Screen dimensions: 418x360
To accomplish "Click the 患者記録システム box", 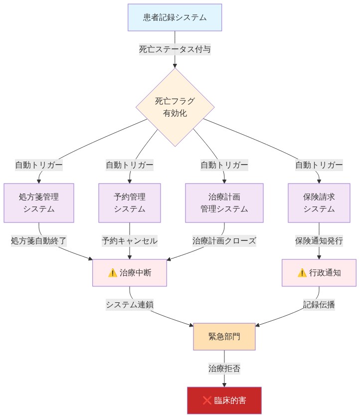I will [175, 17].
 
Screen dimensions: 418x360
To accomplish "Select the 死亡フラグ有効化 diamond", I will [175, 107].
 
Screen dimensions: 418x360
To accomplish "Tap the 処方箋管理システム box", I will [39, 203].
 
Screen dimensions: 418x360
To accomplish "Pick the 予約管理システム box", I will [130, 203].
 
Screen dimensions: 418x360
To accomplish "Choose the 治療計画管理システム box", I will [224, 203].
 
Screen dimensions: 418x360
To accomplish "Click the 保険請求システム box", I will [319, 203].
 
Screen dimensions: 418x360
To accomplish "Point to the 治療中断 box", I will [130, 273].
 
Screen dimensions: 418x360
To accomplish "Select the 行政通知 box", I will [319, 273].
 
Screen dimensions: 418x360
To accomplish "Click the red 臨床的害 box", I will [224, 400].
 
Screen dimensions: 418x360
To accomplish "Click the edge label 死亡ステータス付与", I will [175, 49].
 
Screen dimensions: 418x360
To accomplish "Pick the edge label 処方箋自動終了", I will [39, 240].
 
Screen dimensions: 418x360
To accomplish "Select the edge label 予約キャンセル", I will [130, 240].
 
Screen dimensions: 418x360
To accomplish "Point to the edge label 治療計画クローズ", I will [224, 240].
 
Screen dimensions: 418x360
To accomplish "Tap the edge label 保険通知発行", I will [319, 240].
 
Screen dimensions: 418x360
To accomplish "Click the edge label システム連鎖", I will [130, 305].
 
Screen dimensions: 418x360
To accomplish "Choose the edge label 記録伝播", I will [319, 305].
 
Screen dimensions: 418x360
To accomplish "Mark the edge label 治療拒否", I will [224, 369].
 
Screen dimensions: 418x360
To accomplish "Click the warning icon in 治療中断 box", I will [112, 273].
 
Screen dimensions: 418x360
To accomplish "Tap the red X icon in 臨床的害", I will [207, 400].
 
